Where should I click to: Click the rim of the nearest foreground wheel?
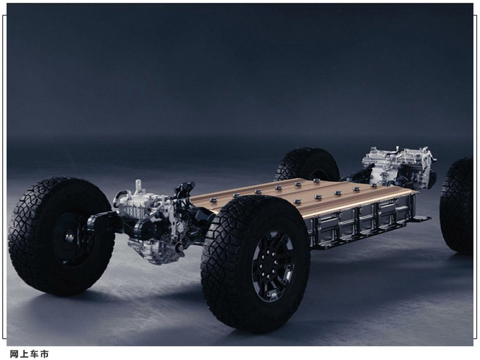pyautogui.click(x=272, y=266)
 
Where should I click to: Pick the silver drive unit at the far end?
pyautogui.click(x=398, y=167)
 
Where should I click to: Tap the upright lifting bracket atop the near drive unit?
pyautogui.click(x=138, y=186)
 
